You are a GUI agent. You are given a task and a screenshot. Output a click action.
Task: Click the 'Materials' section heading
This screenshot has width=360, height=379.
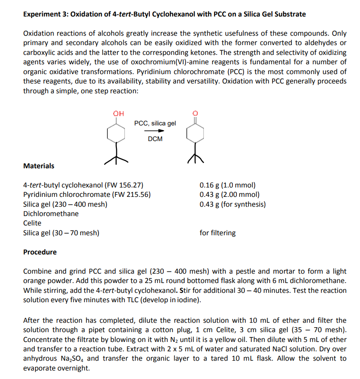pyautogui.click(x=39, y=166)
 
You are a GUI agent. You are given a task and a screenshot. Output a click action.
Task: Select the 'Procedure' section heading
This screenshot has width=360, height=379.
pyautogui.click(x=40, y=252)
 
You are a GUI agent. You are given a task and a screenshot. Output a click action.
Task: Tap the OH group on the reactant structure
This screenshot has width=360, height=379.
pyautogui.click(x=118, y=113)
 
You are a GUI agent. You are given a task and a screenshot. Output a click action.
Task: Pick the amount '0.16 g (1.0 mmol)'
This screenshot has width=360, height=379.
pyautogui.click(x=228, y=185)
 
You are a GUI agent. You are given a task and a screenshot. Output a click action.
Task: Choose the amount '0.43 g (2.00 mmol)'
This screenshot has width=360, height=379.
pyautogui.click(x=229, y=195)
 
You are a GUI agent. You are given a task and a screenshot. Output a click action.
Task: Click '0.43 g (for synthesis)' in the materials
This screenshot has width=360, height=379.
pyautogui.click(x=232, y=204)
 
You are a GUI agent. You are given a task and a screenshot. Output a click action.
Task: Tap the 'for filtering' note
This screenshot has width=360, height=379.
pyautogui.click(x=218, y=233)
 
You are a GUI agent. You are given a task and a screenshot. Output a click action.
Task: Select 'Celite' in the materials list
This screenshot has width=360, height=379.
pyautogui.click(x=32, y=223)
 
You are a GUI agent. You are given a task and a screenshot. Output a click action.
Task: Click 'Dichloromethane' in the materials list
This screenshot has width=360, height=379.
pyautogui.click(x=51, y=213)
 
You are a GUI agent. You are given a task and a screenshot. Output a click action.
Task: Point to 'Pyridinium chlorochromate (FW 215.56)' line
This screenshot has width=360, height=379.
pyautogui.click(x=87, y=195)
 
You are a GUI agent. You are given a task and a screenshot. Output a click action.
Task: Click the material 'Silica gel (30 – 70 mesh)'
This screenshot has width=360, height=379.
pyautogui.click(x=61, y=233)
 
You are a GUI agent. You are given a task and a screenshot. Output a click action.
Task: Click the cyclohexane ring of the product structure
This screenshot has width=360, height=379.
pyautogui.click(x=195, y=133)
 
